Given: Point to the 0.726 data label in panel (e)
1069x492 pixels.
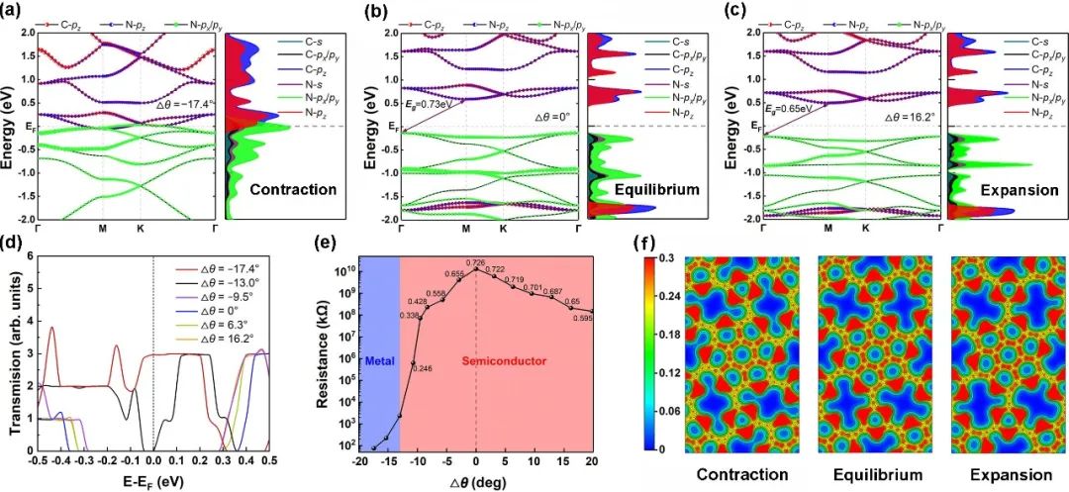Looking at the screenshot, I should [x=477, y=260].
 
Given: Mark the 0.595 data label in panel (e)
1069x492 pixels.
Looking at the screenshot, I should [x=583, y=318].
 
